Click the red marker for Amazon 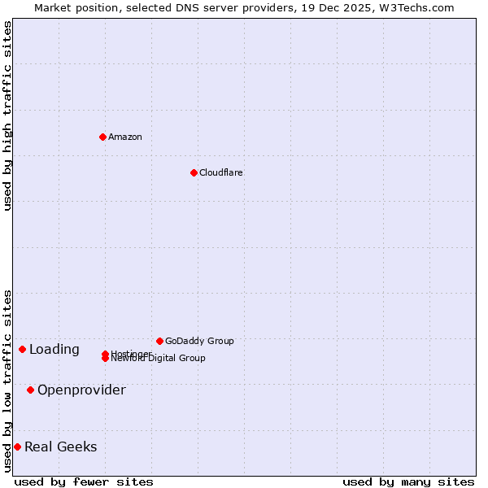[102, 137]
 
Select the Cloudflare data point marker [194, 172]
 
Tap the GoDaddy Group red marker [159, 341]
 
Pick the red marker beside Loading [22, 349]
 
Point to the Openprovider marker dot [30, 390]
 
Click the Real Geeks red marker [17, 447]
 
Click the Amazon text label [125, 137]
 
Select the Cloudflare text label [221, 172]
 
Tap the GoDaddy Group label [199, 341]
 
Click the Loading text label [54, 350]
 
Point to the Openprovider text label [81, 390]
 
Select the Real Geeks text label [61, 447]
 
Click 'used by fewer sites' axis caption [84, 481]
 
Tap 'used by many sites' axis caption [408, 481]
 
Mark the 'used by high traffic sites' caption [7, 115]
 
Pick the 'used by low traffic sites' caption [7, 381]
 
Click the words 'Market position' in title [73, 7]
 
